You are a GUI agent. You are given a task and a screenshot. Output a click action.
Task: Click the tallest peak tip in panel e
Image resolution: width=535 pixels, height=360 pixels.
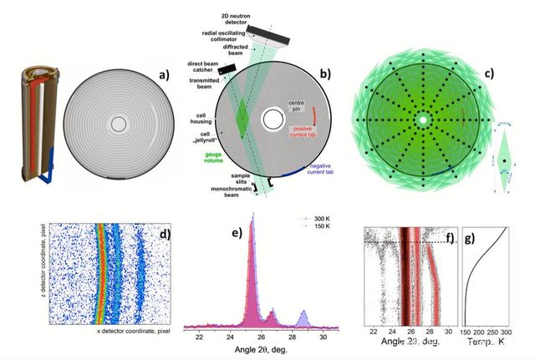click(250, 231)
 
